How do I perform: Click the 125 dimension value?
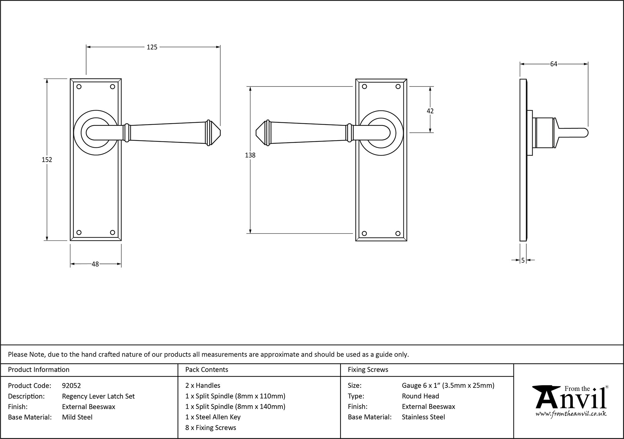point(152,47)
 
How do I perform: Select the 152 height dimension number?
point(47,160)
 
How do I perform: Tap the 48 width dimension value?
point(95,264)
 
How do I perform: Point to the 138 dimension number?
point(250,155)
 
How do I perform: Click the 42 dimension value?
point(430,111)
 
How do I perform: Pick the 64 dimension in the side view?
point(553,64)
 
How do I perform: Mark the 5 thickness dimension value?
point(523,260)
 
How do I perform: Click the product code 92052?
point(71,386)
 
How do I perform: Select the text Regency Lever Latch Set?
point(98,396)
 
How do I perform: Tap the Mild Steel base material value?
point(77,417)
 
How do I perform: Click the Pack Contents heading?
point(207,370)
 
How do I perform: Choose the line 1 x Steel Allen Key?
point(213,417)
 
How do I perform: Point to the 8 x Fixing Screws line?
point(211,428)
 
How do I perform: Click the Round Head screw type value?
point(420,396)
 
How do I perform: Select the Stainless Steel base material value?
point(423,417)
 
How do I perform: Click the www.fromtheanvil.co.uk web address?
point(571,414)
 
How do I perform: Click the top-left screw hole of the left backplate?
point(79,87)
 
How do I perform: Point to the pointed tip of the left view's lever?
point(220,133)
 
